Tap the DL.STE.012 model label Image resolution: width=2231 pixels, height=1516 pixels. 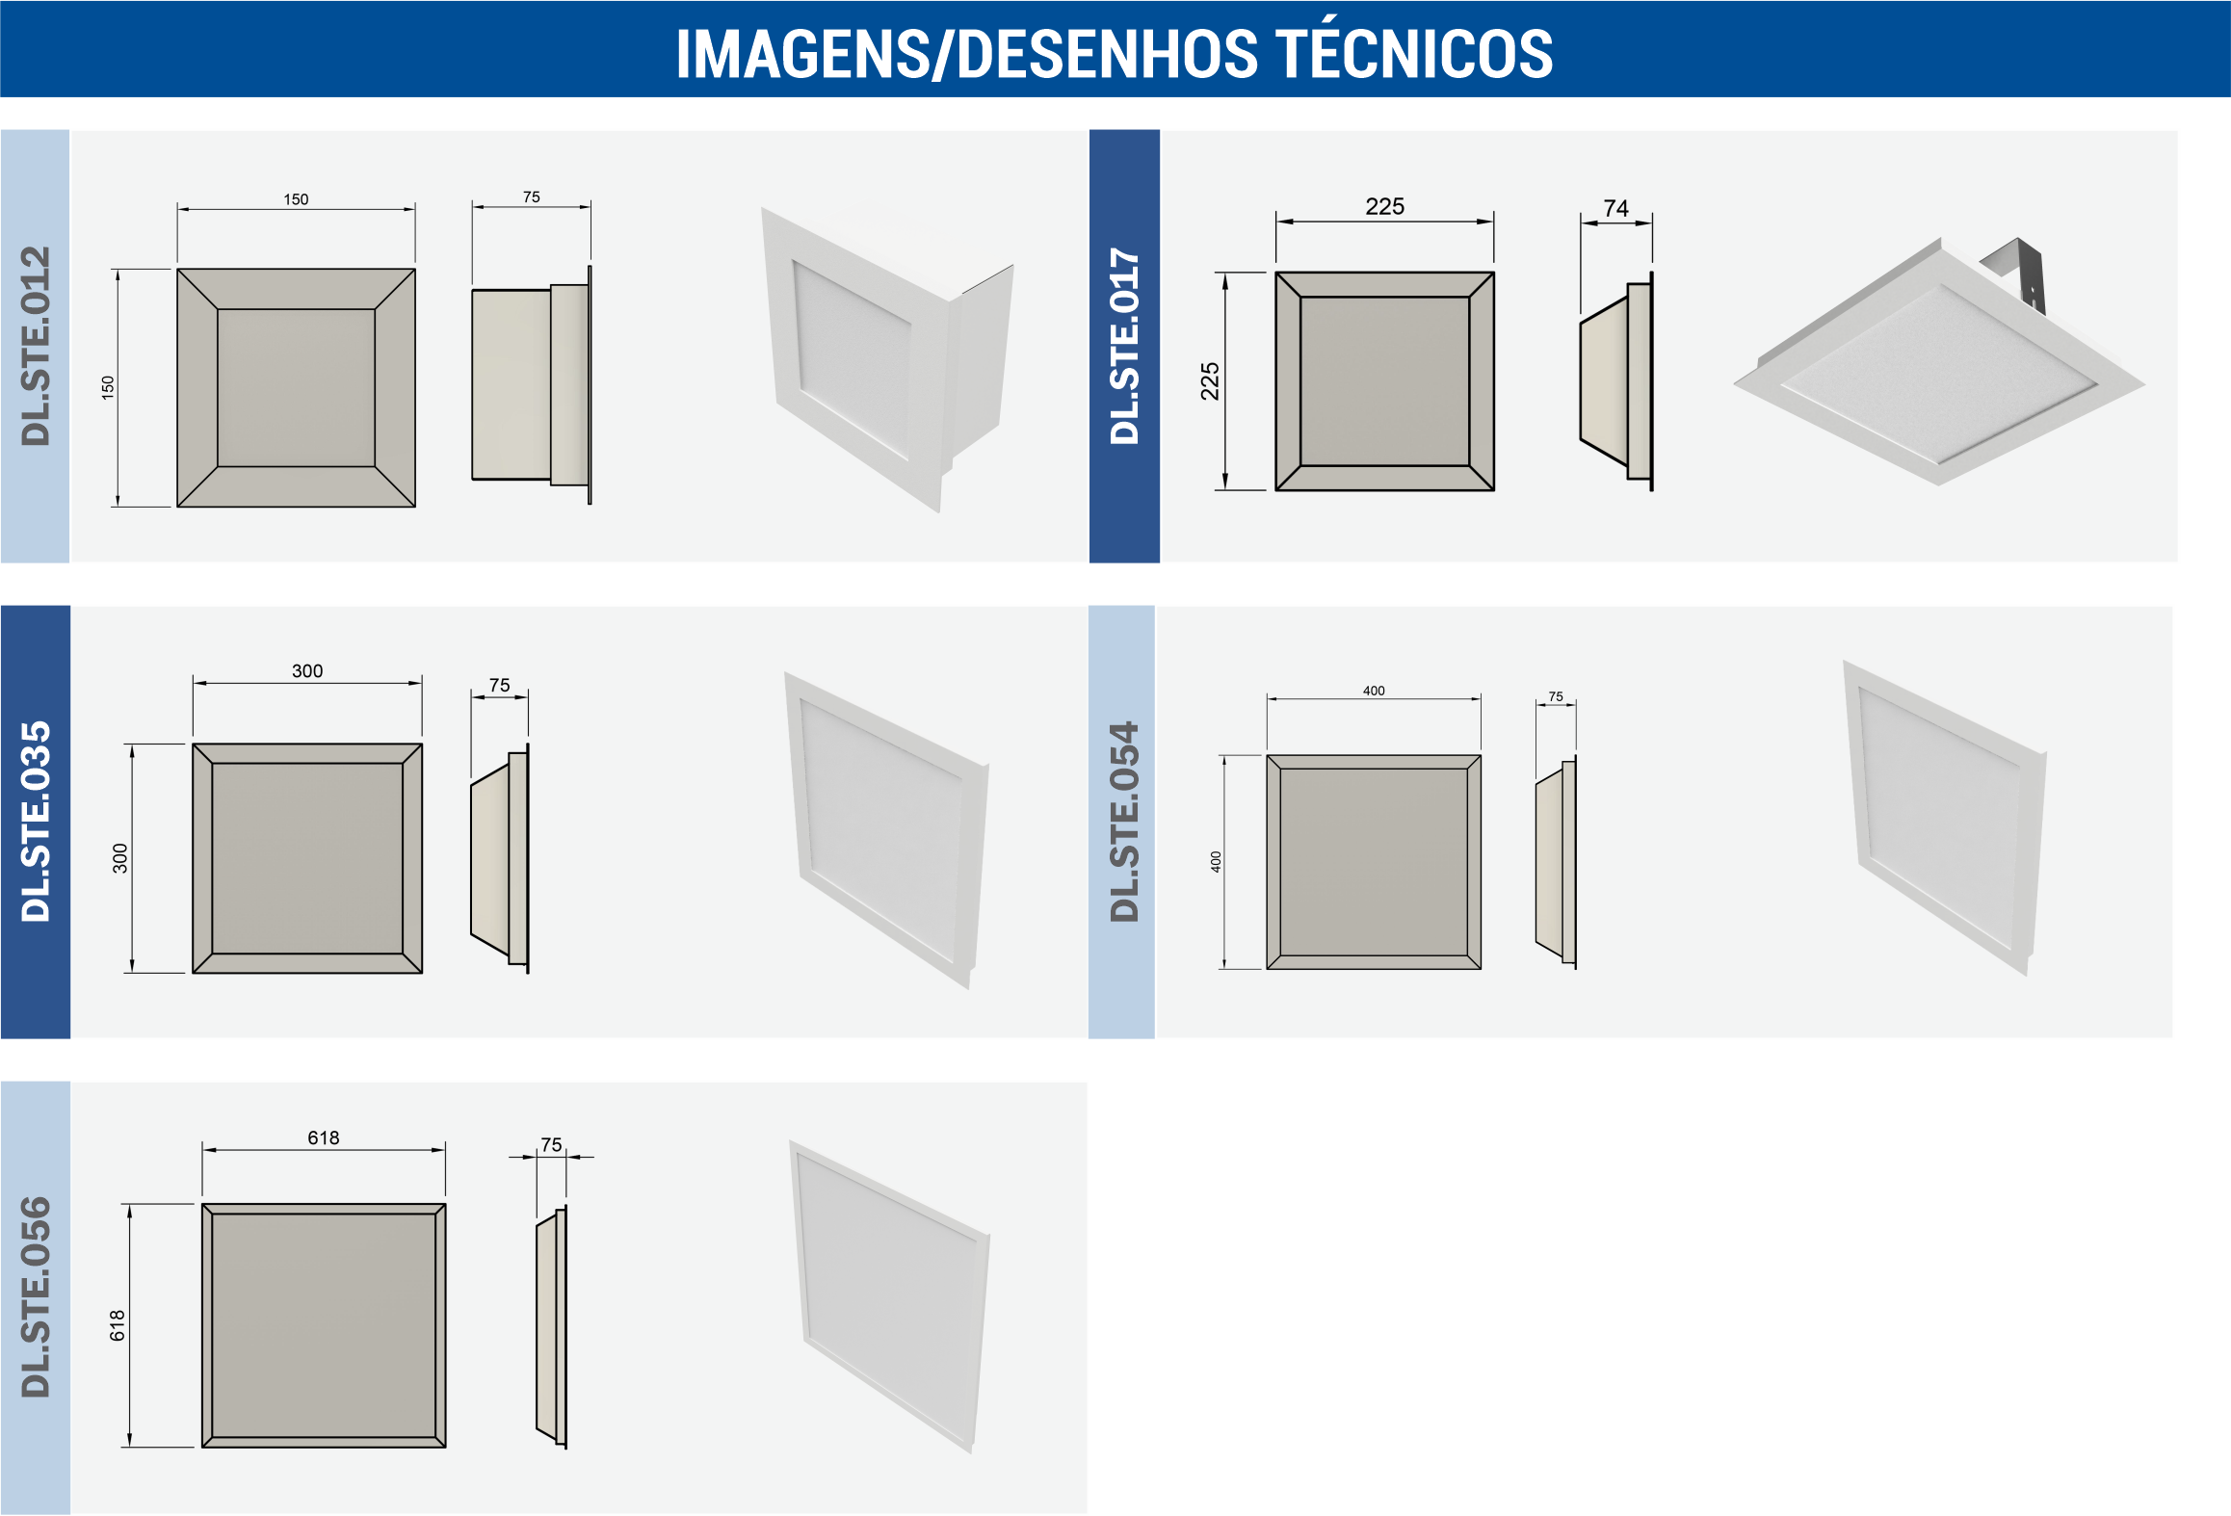pyautogui.click(x=36, y=346)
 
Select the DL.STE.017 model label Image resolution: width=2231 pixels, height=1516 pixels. pyautogui.click(x=1124, y=346)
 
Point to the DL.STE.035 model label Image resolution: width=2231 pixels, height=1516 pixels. pyautogui.click(x=36, y=822)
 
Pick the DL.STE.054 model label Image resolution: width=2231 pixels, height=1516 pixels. pyautogui.click(x=1124, y=822)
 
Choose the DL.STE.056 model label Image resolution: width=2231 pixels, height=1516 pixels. pyautogui.click(x=36, y=1297)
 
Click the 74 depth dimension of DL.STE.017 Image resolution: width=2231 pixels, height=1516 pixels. pyautogui.click(x=1615, y=208)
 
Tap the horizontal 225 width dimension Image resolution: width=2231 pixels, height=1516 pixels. pyautogui.click(x=1384, y=206)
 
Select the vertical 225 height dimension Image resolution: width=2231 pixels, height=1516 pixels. pyautogui.click(x=1210, y=381)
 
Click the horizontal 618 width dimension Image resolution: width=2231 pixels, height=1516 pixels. pyautogui.click(x=324, y=1137)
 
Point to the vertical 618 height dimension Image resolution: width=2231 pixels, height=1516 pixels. pyautogui.click(x=118, y=1325)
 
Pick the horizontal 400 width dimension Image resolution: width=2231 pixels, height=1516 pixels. pyautogui.click(x=1374, y=691)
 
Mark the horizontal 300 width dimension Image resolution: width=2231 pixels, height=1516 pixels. pyautogui.click(x=307, y=670)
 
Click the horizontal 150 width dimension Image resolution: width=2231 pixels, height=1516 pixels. pyautogui.click(x=296, y=199)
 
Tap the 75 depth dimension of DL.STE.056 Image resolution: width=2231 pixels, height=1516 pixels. pyautogui.click(x=551, y=1144)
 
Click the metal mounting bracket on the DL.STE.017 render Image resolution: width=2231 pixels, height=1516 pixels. pyautogui.click(x=2015, y=273)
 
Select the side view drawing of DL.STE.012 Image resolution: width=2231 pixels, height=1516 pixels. pyautogui.click(x=532, y=385)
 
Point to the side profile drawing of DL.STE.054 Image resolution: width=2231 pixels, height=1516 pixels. pyautogui.click(x=1556, y=863)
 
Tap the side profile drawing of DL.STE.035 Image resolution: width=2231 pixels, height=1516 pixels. pyautogui.click(x=500, y=857)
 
